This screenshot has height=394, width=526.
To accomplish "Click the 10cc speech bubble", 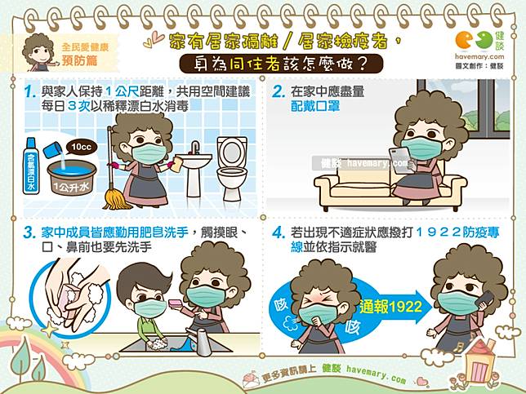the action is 81,147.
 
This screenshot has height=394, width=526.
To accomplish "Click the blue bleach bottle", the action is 31,166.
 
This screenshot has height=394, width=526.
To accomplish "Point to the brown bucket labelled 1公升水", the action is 71,178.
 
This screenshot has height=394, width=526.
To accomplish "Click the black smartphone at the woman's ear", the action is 485,301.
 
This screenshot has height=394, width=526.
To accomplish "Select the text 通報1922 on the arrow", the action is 390,307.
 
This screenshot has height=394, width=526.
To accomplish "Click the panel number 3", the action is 29,232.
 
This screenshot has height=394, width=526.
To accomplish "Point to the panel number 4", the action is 278,232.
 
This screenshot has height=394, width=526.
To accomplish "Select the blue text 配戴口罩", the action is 315,106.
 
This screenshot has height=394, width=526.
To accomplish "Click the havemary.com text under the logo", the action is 479,56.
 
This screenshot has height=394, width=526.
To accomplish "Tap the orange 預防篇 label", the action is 79,60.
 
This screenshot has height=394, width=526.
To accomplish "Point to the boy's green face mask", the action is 150,308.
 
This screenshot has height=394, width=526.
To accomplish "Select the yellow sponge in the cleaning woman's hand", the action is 176,166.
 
